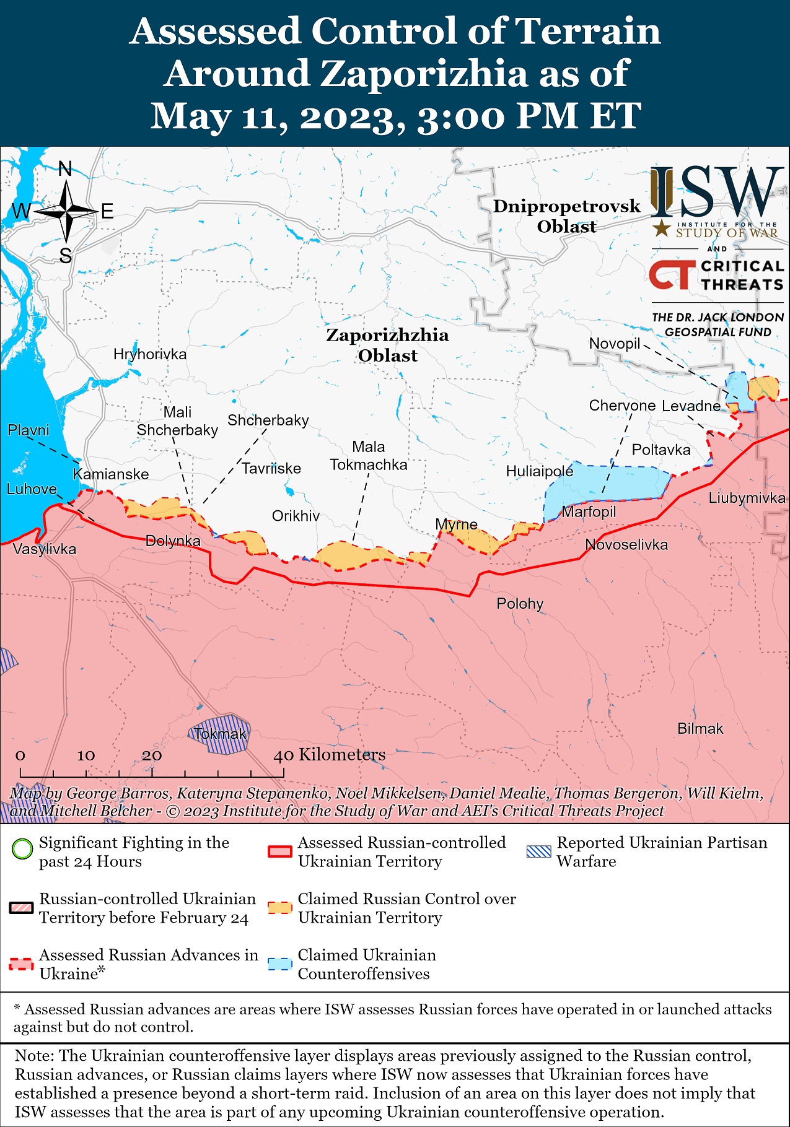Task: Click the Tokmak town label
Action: (220, 734)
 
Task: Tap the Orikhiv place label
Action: (296, 516)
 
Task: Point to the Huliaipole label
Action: (540, 471)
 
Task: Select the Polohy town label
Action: (520, 603)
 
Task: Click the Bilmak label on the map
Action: (700, 728)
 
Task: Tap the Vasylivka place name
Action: (45, 549)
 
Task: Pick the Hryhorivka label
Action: (150, 354)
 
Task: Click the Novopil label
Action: (614, 344)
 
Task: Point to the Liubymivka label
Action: (747, 498)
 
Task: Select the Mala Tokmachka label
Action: (369, 456)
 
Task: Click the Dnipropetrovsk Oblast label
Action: (566, 216)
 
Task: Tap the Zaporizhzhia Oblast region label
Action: (387, 345)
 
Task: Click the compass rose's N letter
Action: (65, 168)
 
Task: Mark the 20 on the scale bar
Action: (151, 755)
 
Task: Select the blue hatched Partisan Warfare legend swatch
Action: (538, 851)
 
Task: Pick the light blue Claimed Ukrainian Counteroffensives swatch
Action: (279, 964)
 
